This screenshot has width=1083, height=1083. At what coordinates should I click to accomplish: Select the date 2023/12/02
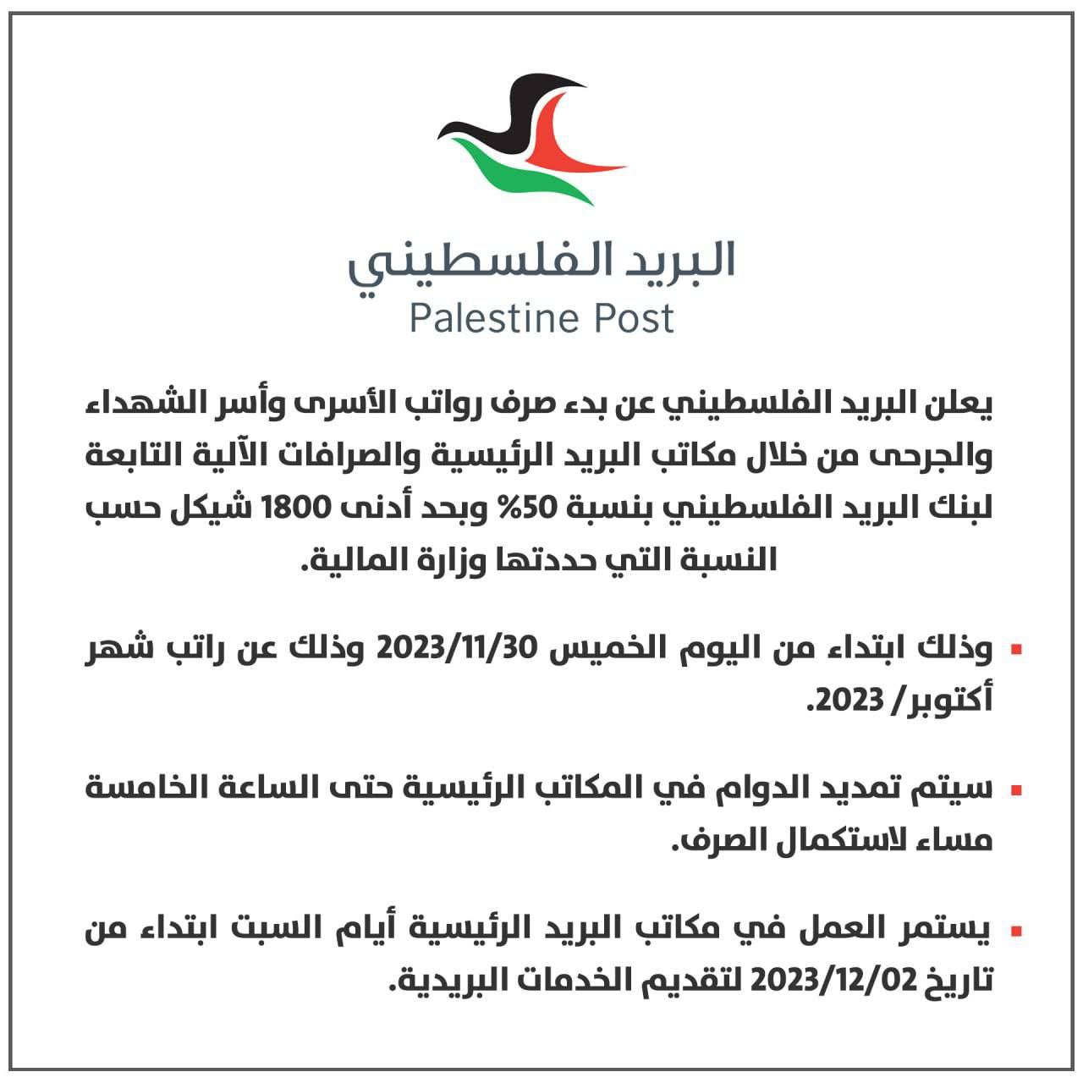(x=833, y=981)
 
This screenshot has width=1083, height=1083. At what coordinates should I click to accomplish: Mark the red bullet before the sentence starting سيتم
(x=1016, y=790)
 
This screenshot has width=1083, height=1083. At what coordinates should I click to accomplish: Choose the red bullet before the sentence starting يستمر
(x=1016, y=932)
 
